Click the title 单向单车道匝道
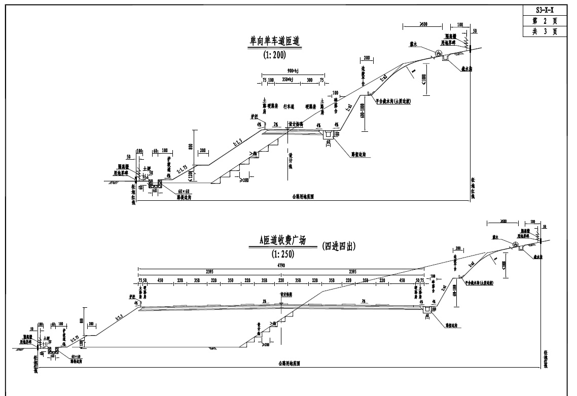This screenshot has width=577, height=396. [x=275, y=41]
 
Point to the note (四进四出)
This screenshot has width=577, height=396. [x=338, y=247]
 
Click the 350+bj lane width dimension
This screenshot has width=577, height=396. [x=287, y=80]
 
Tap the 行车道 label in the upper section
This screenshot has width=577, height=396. [x=288, y=107]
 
